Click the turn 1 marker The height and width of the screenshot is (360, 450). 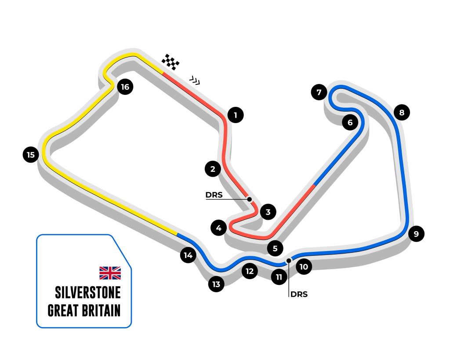click(236, 116)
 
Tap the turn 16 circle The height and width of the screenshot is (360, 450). click(125, 87)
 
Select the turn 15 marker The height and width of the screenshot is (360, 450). click(30, 155)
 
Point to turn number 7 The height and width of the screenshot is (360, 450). click(319, 92)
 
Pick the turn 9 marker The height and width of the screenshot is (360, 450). click(416, 233)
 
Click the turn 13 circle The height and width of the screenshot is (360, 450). click(216, 284)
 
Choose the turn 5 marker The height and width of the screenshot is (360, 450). click(275, 248)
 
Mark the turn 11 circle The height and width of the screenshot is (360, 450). click(279, 277)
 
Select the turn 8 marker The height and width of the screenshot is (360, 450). click(402, 113)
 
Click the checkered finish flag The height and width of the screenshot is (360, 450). click(171, 62)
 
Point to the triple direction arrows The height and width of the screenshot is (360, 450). click(195, 80)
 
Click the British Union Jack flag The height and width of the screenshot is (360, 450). click(110, 273)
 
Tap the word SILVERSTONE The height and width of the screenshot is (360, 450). click(88, 292)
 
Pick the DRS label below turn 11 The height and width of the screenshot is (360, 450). click(299, 295)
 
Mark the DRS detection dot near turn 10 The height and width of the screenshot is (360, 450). click(288, 261)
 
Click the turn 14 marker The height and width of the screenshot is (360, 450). click(189, 255)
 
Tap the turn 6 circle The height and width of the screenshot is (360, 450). click(350, 123)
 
